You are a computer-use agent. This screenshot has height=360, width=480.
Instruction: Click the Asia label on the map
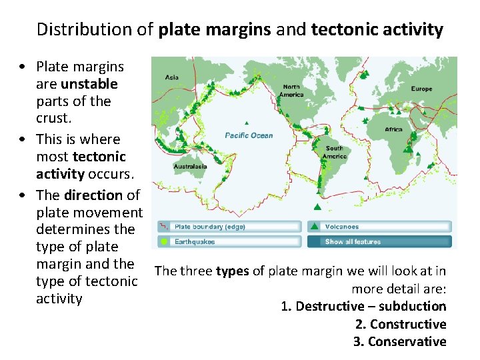pyautogui.click(x=171, y=77)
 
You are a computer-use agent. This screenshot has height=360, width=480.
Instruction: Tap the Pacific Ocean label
pyautogui.click(x=249, y=135)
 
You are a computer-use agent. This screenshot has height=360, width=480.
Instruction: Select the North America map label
pyautogui.click(x=291, y=90)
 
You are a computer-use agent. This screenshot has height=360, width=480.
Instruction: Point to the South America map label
pyautogui.click(x=335, y=152)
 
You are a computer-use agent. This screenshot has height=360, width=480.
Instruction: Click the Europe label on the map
pyautogui.click(x=421, y=89)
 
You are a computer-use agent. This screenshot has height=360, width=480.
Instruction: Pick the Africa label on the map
pyautogui.click(x=393, y=129)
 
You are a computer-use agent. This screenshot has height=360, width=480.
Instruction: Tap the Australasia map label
pyautogui.click(x=190, y=166)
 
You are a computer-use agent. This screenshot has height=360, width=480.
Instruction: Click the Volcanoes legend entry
pyautogui.click(x=343, y=227)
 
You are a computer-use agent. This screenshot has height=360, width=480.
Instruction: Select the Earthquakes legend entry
pyautogui.click(x=195, y=241)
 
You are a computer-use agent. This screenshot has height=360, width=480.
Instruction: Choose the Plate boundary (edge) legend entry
pyautogui.click(x=209, y=227)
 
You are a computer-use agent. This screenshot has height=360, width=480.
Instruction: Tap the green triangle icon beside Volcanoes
pyautogui.click(x=314, y=227)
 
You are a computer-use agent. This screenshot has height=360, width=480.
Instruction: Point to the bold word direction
pyautogui.click(x=93, y=195)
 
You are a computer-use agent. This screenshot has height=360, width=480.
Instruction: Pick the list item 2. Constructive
pyautogui.click(x=401, y=324)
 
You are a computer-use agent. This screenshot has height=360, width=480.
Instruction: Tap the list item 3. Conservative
pyautogui.click(x=400, y=341)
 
